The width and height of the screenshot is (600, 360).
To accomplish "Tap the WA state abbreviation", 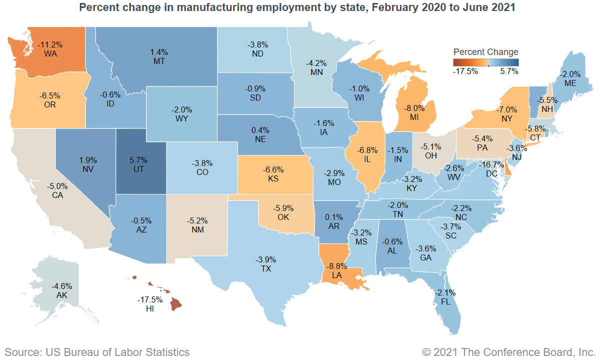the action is click(49, 53).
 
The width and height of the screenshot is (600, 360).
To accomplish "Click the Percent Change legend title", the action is click(485, 52).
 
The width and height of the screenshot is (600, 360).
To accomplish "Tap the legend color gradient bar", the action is click(485, 62).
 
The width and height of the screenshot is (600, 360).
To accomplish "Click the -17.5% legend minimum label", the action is click(465, 71).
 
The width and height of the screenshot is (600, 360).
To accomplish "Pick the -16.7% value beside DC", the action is click(490, 164).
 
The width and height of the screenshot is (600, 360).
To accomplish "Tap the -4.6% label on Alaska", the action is click(62, 286).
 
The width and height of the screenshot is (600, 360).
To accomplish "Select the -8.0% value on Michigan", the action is click(414, 107).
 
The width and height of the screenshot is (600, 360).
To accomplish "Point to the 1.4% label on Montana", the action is click(159, 51).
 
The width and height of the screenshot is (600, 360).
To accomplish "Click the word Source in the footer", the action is click(22, 352).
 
